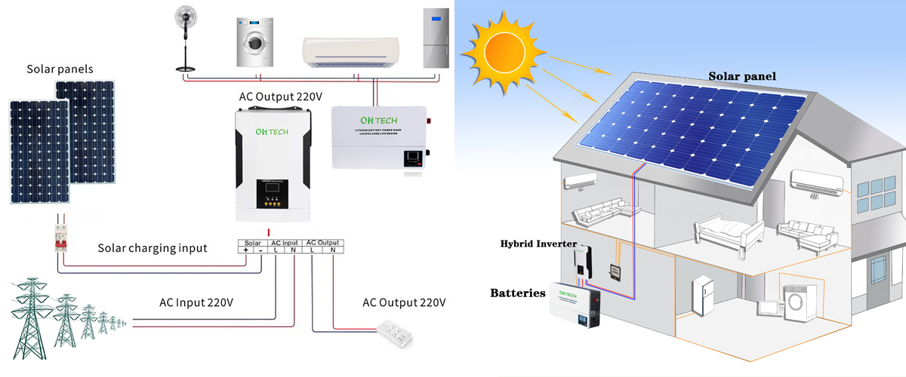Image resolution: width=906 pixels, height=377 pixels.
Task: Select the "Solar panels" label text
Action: point(60,69)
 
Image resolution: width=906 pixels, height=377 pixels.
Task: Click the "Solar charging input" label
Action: point(152,248)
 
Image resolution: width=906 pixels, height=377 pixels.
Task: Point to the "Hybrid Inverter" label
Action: point(538,244)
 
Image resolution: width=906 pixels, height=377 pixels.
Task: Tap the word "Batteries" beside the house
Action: point(517,293)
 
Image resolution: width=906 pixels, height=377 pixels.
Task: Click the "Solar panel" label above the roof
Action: point(741,76)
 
